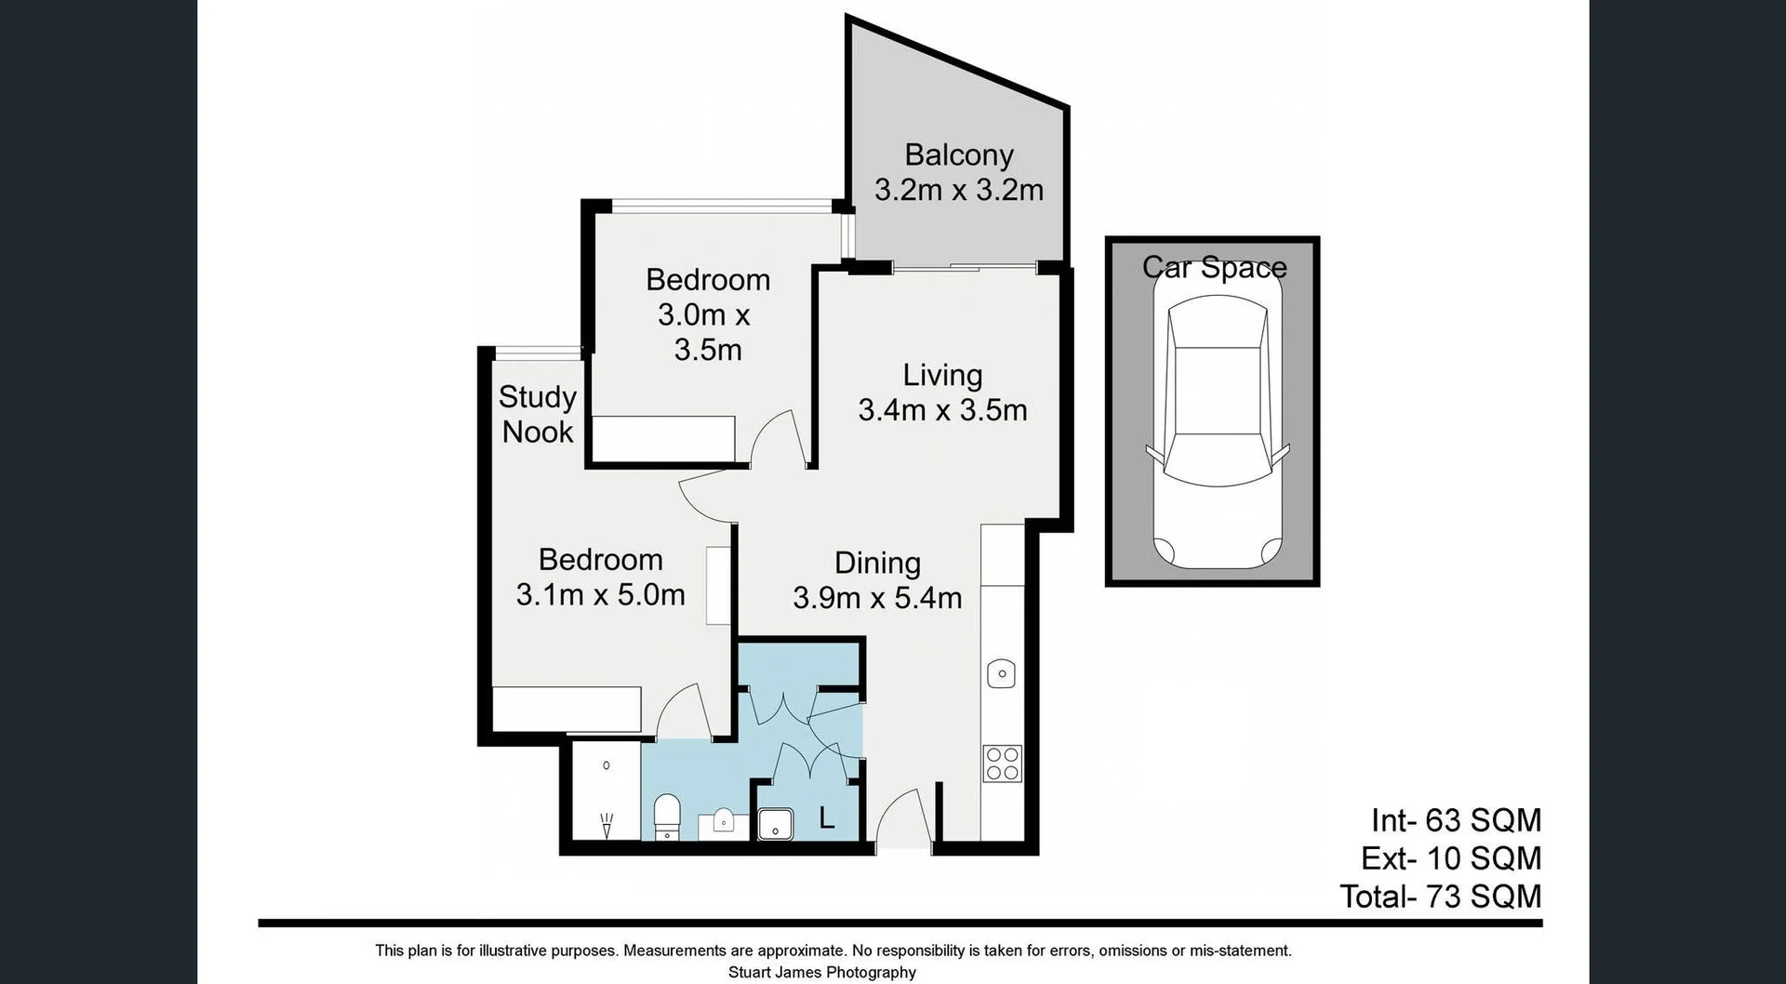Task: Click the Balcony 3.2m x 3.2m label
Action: [958, 173]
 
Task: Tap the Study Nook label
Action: [537, 414]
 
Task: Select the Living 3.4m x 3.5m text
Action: [942, 392]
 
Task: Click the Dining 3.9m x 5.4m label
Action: [877, 580]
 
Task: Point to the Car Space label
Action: [1214, 267]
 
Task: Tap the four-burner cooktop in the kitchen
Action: [1002, 764]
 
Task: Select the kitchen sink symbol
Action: [1001, 672]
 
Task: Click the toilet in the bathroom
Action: [667, 817]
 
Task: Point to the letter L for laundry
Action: [826, 818]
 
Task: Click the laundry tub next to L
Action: [775, 824]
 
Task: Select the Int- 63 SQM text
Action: [1455, 820]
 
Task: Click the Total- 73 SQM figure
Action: [1440, 897]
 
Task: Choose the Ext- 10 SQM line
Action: [1450, 858]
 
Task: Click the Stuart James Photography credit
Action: [821, 972]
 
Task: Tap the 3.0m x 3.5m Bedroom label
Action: [707, 314]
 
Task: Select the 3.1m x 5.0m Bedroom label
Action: [600, 577]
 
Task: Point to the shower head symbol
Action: [606, 823]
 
